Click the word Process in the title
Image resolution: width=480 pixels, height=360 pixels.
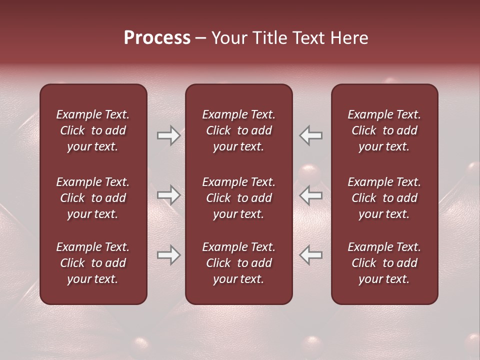point(157,38)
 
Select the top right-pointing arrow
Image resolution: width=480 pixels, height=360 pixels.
point(168,135)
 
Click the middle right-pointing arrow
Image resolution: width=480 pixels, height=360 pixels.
point(168,195)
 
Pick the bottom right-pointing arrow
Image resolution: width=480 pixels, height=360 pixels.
point(168,255)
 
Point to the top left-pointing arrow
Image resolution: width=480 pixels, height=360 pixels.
point(311,135)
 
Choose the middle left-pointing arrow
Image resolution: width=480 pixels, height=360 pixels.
point(311,195)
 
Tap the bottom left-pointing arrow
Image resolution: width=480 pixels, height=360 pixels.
point(311,255)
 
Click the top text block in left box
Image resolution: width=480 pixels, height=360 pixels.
point(93,130)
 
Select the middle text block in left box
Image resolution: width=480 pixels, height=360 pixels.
point(93,198)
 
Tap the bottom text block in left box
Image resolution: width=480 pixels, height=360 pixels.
point(93,263)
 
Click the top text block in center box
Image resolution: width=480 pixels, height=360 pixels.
point(239,130)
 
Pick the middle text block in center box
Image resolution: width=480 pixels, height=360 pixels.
point(239,198)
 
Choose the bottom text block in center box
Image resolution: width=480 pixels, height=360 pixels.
point(239,263)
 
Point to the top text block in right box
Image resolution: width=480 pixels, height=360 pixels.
point(384,130)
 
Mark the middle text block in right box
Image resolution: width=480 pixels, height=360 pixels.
point(384,198)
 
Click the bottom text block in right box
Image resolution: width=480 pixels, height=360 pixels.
point(384,263)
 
